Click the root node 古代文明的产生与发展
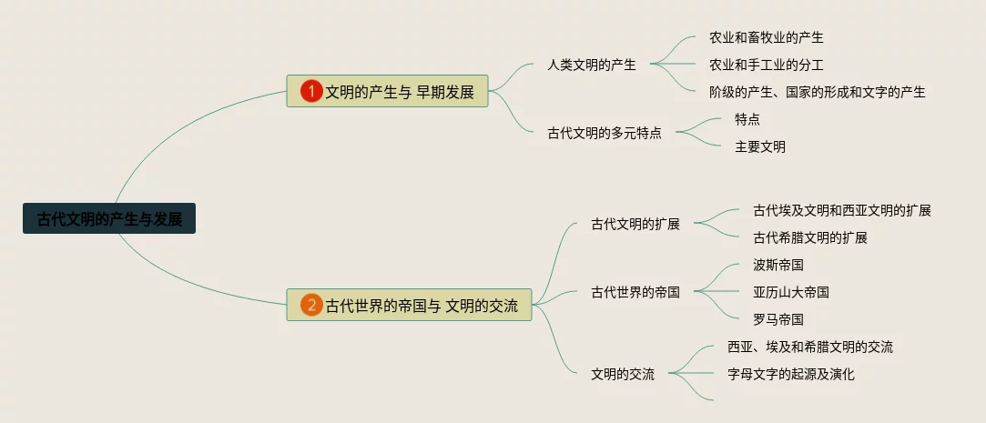tap(109, 218)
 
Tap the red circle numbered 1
tap(312, 91)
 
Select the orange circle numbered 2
tap(312, 305)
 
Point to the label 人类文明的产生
tap(592, 65)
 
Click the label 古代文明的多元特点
tap(605, 133)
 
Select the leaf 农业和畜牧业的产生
tap(767, 37)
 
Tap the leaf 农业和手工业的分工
tap(767, 65)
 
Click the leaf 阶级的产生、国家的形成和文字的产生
tap(818, 92)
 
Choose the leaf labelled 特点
tap(747, 119)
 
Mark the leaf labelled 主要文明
tap(760, 146)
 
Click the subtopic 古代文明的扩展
tap(635, 224)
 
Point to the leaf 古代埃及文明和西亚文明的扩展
tap(842, 210)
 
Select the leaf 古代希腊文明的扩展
tap(810, 237)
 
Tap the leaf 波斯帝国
tap(778, 265)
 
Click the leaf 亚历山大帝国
tap(791, 292)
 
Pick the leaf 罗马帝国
tap(778, 319)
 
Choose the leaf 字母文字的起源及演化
tap(791, 374)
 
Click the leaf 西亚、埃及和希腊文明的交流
tap(810, 347)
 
